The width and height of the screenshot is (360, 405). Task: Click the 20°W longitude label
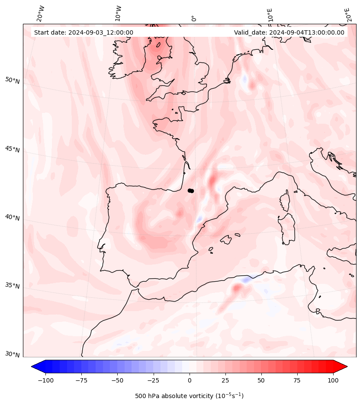[x=41, y=14]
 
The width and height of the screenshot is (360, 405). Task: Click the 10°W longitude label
[x=118, y=14]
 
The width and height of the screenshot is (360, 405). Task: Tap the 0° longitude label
[x=194, y=19]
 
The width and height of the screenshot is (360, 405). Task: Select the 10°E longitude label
[x=270, y=15]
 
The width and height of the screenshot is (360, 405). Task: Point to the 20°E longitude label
[x=347, y=15]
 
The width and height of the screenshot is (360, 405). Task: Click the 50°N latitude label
[x=13, y=80]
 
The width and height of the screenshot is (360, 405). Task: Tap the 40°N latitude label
[x=13, y=218]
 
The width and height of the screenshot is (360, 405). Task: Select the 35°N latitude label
[x=13, y=286]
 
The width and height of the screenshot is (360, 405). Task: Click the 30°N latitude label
[x=13, y=354]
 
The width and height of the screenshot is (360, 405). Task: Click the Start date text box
[x=84, y=32]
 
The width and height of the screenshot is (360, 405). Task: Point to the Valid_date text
[x=289, y=32]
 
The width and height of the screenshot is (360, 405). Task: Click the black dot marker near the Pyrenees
[x=191, y=191]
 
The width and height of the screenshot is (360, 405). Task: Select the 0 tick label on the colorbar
[x=190, y=380]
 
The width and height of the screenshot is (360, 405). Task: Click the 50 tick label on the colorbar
[x=261, y=380]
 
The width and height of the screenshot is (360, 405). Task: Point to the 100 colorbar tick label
[x=333, y=380]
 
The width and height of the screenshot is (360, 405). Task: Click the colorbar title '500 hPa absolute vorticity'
[x=174, y=396]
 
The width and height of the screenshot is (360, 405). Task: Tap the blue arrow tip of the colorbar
[x=32, y=366]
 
